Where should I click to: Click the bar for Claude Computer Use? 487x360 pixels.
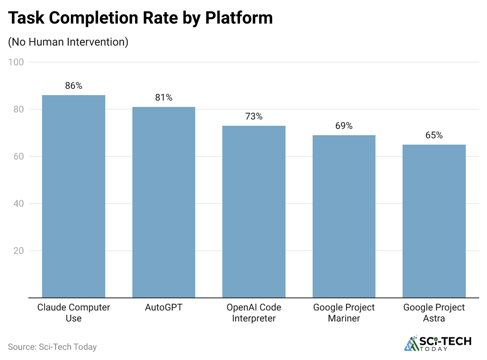(73, 196)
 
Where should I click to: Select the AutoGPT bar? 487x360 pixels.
(164, 202)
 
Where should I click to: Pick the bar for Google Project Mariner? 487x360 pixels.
(344, 216)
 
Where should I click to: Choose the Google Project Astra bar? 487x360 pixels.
(434, 221)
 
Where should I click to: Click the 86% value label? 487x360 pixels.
(73, 86)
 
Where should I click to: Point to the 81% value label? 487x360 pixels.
(164, 97)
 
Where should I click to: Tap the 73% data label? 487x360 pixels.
(254, 116)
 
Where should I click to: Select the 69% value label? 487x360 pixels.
(344, 126)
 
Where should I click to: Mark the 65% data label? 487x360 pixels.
(434, 135)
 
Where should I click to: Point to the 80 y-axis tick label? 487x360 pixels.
(18, 109)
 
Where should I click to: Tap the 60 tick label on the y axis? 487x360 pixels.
(18, 156)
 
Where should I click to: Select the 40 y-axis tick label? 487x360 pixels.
(18, 204)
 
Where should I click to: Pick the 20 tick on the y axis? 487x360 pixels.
(18, 251)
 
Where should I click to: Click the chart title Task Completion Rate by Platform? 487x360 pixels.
(140, 18)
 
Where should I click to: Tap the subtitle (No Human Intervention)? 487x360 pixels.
(68, 42)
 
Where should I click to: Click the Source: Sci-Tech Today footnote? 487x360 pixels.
(52, 347)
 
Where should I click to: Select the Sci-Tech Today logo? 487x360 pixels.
(438, 343)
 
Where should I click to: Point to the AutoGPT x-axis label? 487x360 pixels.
(164, 307)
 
